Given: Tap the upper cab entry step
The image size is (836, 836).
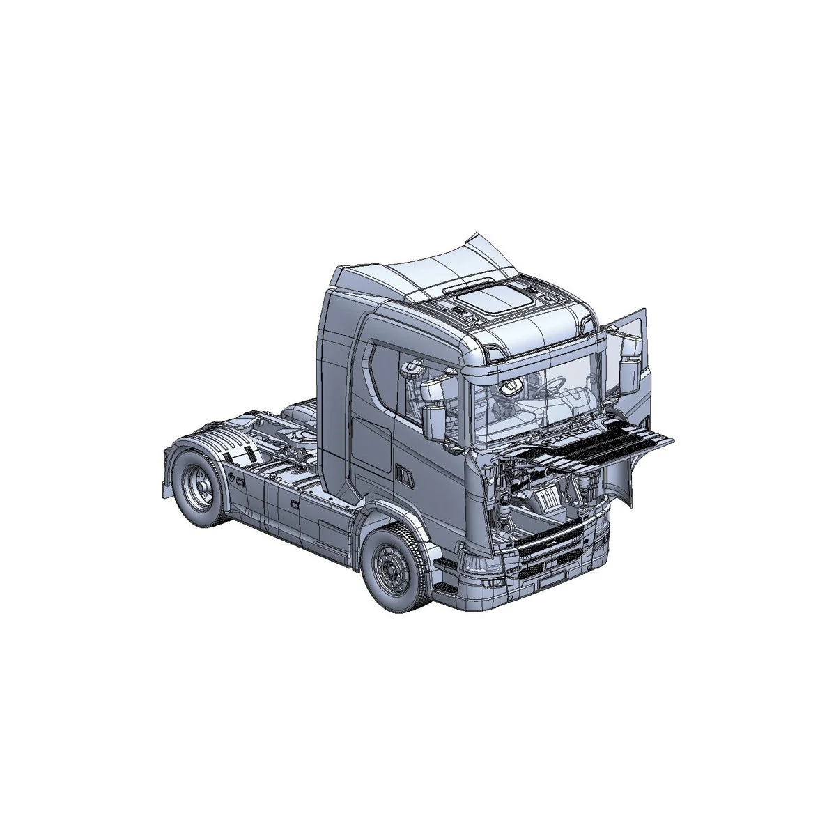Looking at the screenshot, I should coord(444,562).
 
